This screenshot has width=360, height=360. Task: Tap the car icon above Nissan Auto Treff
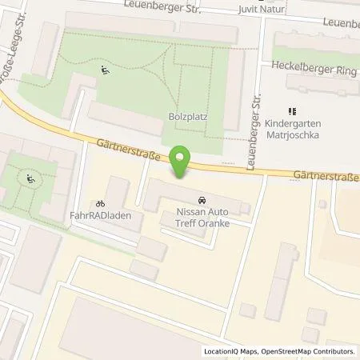point(199,199)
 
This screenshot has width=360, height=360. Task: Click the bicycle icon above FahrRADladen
point(100,204)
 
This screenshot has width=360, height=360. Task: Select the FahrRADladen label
point(104,216)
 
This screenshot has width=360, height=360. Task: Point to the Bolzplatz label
point(189,116)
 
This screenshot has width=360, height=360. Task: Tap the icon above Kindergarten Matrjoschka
point(292,111)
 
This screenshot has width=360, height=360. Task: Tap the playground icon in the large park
point(104,70)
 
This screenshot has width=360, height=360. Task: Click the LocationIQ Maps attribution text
point(232,351)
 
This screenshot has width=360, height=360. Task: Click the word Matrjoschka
point(293,136)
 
